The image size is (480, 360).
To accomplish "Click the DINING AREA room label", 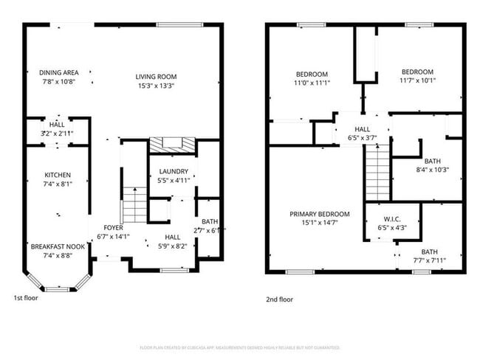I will click(58, 72).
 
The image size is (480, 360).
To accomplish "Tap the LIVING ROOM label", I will click(156, 76).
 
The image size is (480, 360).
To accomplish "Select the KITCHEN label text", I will click(58, 175).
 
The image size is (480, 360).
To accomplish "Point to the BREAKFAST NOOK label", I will click(58, 246).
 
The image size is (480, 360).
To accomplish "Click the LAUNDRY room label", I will click(174, 171).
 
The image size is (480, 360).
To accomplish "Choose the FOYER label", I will click(113, 228).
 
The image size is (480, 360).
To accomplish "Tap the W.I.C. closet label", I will click(392, 219).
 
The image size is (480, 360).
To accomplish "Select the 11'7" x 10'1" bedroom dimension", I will click(417, 80).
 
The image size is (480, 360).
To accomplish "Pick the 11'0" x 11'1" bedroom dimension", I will click(312, 83).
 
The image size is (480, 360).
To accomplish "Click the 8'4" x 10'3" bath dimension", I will click(431, 170).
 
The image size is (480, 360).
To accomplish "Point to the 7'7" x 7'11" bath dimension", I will click(429, 260).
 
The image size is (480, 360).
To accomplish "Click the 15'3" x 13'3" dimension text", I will click(156, 85).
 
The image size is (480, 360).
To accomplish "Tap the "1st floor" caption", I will click(27, 298).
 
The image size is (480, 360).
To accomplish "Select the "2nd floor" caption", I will click(279, 300).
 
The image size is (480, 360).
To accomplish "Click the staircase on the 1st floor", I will click(134, 205).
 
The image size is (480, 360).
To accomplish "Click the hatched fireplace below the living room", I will click(172, 145).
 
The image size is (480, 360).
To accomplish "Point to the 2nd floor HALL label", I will click(362, 129).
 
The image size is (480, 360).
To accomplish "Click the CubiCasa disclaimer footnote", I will click(239, 347).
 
